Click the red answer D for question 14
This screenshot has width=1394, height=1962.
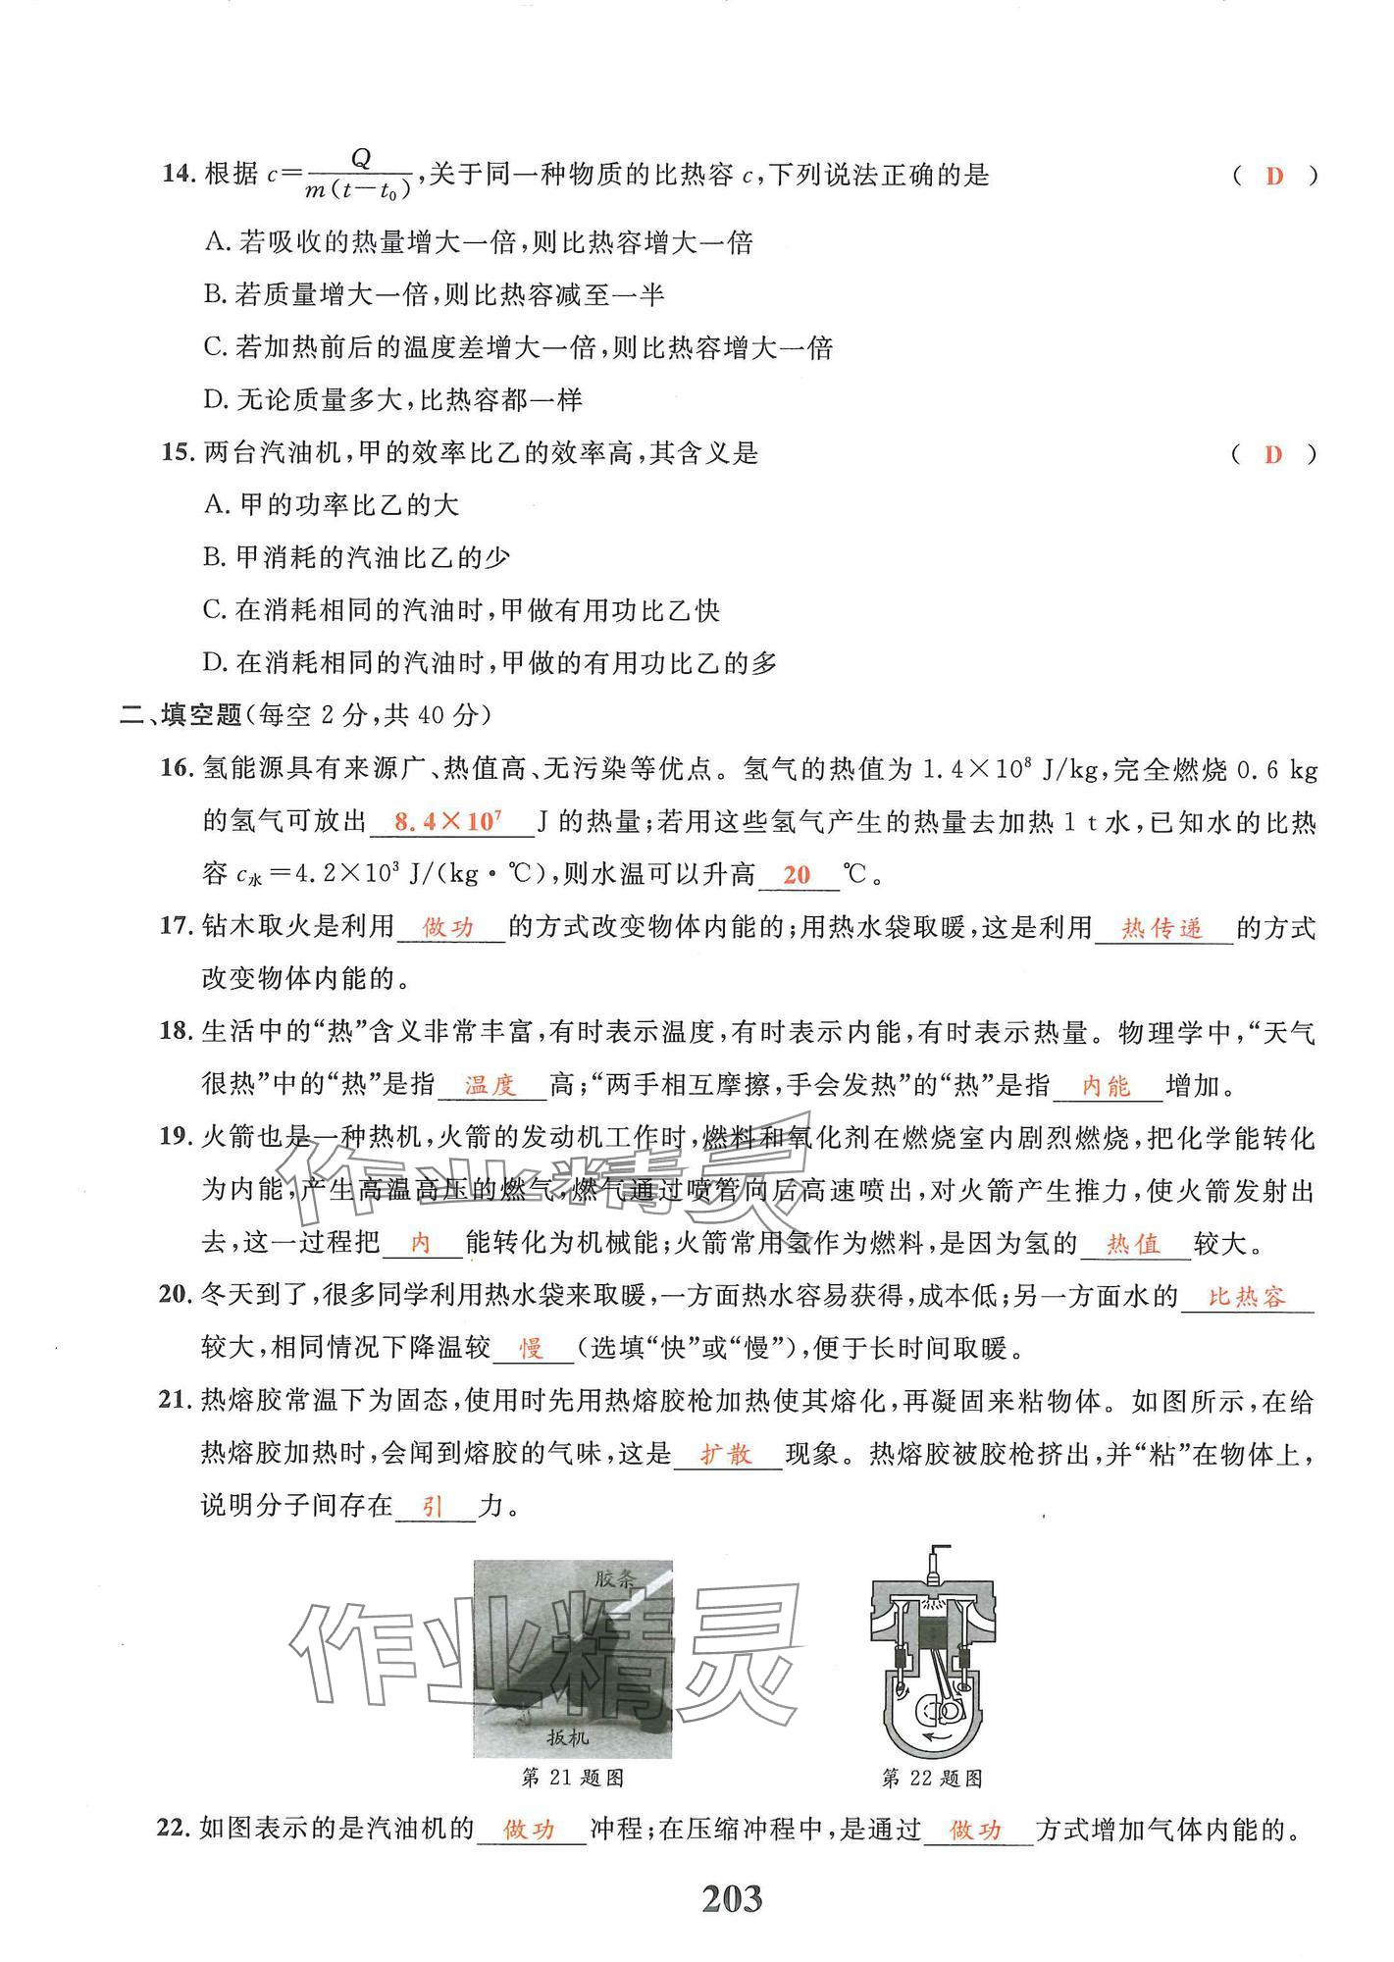1274,177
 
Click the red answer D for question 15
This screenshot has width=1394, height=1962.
1274,454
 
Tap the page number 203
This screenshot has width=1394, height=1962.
732,1900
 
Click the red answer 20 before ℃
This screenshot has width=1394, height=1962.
798,874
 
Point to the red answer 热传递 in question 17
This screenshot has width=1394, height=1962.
1162,928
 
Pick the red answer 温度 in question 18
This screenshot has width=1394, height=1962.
490,1085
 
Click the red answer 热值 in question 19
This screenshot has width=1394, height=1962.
1133,1245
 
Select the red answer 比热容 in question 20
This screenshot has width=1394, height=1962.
1246,1298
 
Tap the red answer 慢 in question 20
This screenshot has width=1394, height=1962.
531,1350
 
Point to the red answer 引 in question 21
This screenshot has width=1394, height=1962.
433,1507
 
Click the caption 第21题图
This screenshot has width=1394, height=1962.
573,1778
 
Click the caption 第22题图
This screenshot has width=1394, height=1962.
932,1778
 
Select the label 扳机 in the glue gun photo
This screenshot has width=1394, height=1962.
568,1737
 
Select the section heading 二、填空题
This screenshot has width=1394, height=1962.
181,715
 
